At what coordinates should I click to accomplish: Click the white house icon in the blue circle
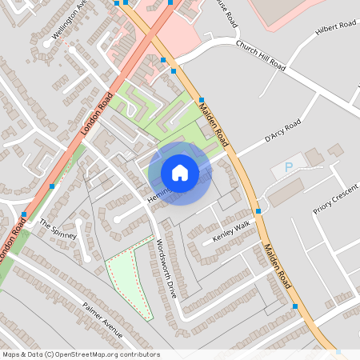click(x=180, y=172)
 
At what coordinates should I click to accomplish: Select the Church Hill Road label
click(x=260, y=56)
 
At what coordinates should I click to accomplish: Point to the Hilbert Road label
click(x=335, y=26)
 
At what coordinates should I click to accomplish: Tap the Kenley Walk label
click(x=231, y=232)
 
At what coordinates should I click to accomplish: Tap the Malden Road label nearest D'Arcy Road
click(x=214, y=122)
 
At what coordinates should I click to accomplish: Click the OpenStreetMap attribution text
click(x=81, y=354)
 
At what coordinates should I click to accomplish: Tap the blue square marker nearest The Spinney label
click(x=23, y=215)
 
